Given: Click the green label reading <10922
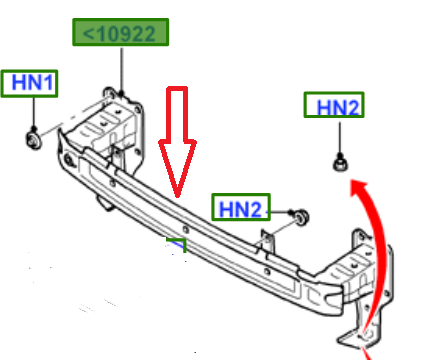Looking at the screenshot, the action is (120, 32).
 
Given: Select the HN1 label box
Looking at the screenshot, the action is (29, 83).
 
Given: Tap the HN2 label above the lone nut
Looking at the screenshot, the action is (334, 105).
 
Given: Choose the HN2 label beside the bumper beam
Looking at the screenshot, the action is (241, 207).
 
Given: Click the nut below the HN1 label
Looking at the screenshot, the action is (34, 140).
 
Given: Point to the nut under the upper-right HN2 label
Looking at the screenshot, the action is (340, 164).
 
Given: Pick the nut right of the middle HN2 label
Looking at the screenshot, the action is (302, 217).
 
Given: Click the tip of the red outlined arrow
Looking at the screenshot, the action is (177, 197).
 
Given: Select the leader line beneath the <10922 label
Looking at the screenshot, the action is (121, 70).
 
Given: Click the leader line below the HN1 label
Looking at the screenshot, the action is (34, 113).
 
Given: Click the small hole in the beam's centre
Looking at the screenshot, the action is (186, 229).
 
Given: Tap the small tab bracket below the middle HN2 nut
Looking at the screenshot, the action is (268, 241).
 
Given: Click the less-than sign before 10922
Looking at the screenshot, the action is (88, 34).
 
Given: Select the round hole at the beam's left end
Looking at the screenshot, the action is (69, 160).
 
